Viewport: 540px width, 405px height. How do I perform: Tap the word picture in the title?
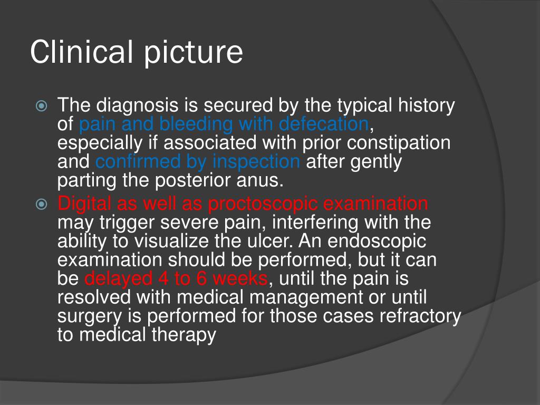(x=194, y=53)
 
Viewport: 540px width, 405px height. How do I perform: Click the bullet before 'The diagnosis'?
(x=41, y=105)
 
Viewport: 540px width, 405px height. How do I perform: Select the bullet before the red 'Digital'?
(x=41, y=204)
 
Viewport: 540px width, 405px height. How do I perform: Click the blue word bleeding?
(x=196, y=123)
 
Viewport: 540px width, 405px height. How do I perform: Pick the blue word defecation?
(x=324, y=123)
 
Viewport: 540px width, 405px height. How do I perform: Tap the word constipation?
(x=399, y=143)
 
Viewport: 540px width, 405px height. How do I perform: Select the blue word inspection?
(x=256, y=161)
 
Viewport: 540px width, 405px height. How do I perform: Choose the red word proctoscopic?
(x=263, y=204)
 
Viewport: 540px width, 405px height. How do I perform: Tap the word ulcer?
(x=271, y=240)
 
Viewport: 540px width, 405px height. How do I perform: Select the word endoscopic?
(x=377, y=241)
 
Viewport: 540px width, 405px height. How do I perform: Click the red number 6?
(x=201, y=278)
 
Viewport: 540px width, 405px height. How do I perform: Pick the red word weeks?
(x=240, y=278)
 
